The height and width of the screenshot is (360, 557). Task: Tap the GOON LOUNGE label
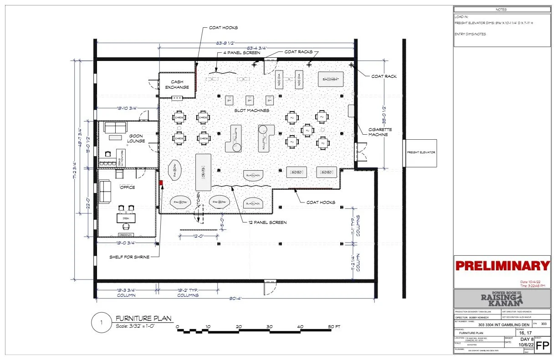[x=136, y=139]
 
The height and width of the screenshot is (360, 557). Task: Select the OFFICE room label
[x=128, y=187]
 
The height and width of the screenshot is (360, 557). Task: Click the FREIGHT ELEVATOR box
[x=421, y=152]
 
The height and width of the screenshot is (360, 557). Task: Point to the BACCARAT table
[x=330, y=80]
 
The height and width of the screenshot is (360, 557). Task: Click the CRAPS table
[x=203, y=172]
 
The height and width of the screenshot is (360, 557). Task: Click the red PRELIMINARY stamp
[x=502, y=266]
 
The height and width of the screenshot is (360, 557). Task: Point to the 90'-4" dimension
[x=235, y=299]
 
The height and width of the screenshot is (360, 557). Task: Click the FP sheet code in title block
[x=541, y=345]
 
